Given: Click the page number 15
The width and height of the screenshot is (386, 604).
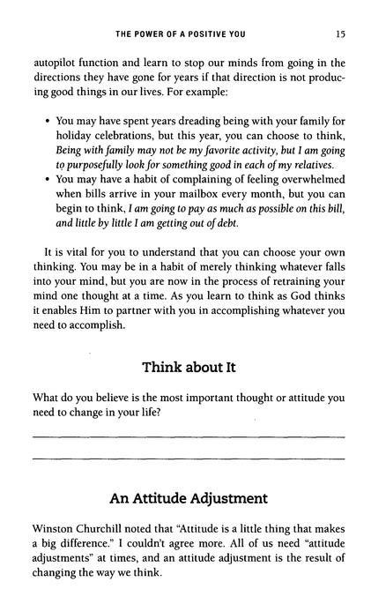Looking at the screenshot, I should (x=339, y=35).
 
